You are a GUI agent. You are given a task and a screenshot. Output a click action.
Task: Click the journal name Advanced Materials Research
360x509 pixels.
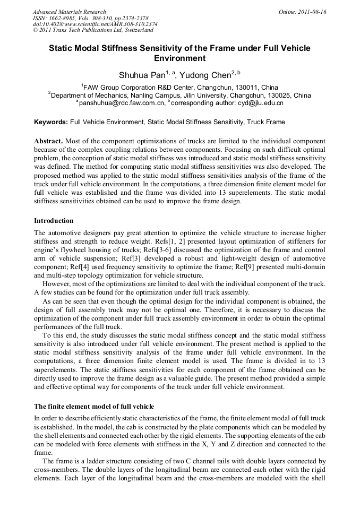tap(69, 12)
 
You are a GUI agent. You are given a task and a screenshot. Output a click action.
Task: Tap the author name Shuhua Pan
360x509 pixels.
tap(142, 75)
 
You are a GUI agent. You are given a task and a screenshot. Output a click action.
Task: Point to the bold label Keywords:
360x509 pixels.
tap(51, 122)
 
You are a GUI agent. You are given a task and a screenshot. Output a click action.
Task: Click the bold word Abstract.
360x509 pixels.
tap(48, 141)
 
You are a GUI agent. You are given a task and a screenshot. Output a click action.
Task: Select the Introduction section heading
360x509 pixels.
tap(54, 220)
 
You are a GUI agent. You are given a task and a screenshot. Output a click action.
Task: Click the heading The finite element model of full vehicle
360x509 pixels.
tap(93, 406)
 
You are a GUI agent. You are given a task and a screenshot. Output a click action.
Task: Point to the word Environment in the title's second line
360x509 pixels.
tap(179, 58)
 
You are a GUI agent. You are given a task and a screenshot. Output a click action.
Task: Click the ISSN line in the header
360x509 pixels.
tap(90, 18)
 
